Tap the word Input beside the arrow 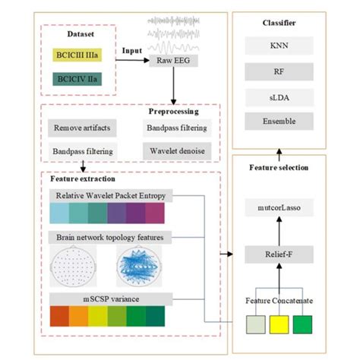[x=132, y=51]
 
